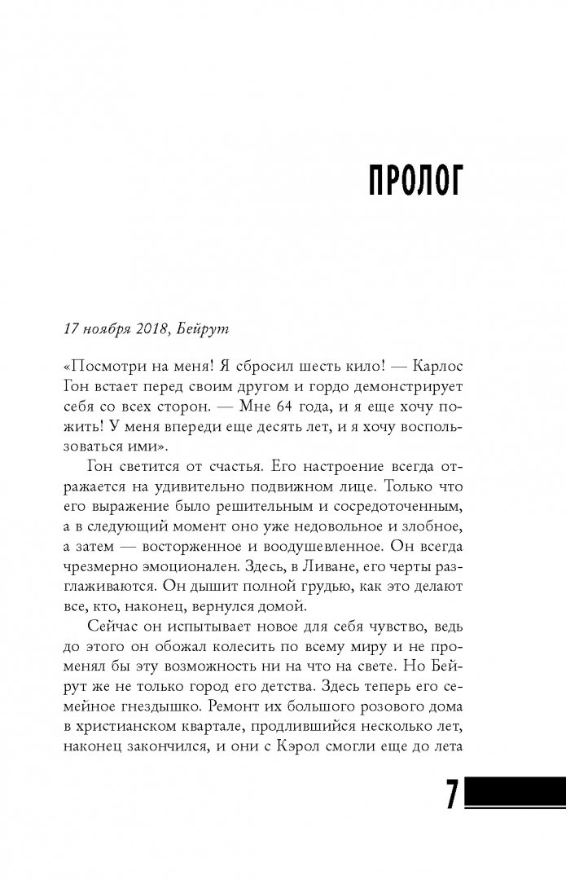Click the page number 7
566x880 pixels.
(x=452, y=794)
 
